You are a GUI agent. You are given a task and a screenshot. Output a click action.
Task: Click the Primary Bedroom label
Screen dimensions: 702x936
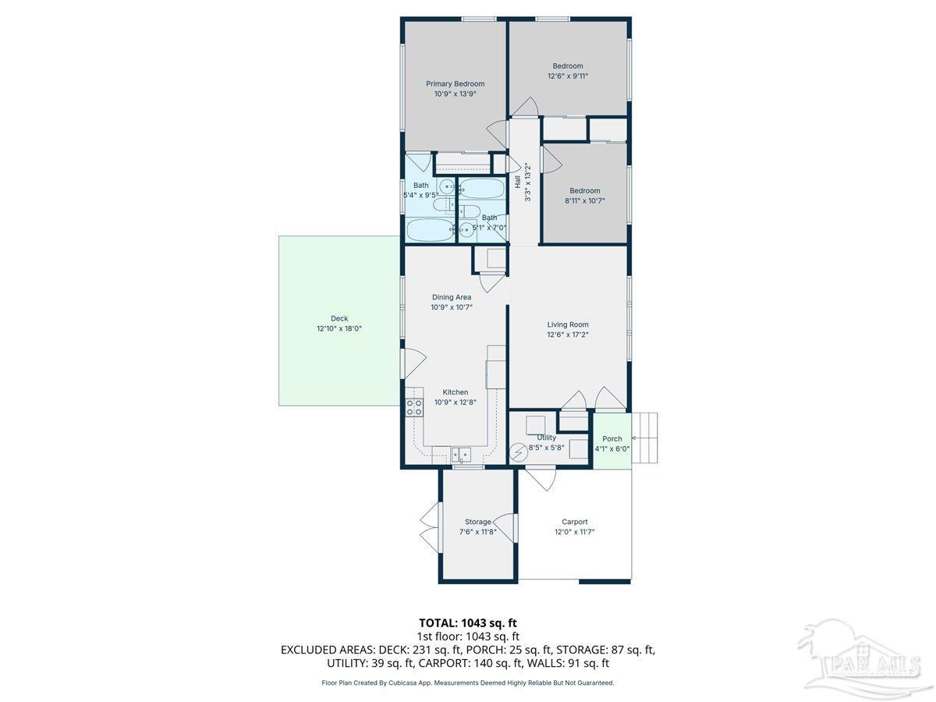455,83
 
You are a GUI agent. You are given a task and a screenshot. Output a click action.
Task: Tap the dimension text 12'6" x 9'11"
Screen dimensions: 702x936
567,76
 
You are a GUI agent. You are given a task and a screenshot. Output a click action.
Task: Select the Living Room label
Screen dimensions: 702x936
567,324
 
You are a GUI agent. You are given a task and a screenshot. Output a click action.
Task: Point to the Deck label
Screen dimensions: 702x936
339,318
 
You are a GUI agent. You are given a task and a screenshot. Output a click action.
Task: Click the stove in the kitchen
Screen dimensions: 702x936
413,406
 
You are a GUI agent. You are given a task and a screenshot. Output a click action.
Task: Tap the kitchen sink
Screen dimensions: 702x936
460,453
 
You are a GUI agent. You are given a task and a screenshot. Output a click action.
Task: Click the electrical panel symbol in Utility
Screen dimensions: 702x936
519,452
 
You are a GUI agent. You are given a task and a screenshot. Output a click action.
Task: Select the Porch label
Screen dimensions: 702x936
612,438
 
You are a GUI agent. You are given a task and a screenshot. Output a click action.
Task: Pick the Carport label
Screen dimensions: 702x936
574,522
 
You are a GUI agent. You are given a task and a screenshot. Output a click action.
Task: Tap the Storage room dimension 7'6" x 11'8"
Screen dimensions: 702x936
477,532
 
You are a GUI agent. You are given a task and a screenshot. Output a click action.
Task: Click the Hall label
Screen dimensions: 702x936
518,182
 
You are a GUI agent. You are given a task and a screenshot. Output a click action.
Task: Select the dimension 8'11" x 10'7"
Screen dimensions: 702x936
584,200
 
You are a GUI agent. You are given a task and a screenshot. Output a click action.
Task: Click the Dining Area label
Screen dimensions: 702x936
452,297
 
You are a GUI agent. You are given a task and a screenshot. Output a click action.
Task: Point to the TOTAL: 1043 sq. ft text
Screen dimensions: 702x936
467,622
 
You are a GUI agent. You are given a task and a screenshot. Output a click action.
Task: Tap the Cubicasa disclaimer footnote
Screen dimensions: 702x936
467,682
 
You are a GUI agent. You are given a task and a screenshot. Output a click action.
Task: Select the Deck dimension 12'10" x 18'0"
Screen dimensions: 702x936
339,328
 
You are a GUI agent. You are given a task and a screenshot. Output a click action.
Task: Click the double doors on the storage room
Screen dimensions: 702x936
428,527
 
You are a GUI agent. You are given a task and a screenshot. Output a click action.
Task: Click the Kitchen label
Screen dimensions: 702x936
456,392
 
